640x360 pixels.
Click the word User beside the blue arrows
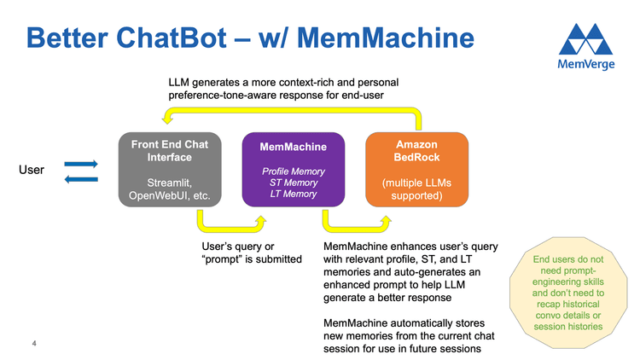point(32,170)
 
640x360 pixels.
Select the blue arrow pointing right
point(81,163)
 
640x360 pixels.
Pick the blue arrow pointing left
point(81,178)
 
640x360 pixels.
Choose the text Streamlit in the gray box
point(168,183)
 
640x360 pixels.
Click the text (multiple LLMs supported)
point(416,189)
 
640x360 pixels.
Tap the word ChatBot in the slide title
point(177,38)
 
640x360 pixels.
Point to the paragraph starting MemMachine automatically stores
point(405,338)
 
